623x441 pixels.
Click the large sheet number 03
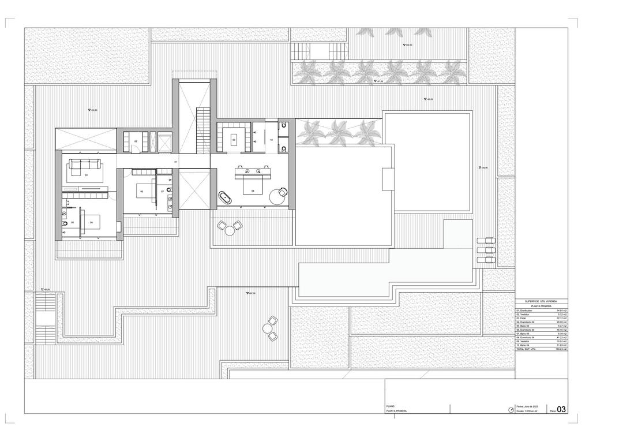(x=561, y=410)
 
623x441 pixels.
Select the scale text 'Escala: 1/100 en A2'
(x=528, y=411)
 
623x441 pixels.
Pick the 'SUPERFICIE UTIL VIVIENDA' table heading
(x=541, y=301)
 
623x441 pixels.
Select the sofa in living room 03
(x=84, y=165)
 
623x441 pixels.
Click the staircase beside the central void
(x=202, y=130)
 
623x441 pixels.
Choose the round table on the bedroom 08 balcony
(x=230, y=230)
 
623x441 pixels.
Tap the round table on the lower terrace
(x=268, y=329)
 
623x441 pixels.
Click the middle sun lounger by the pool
(x=486, y=251)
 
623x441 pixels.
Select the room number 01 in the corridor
(x=176, y=162)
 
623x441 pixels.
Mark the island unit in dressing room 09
(x=234, y=139)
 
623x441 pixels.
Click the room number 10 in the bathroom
(x=271, y=139)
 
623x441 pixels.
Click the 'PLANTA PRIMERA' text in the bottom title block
(x=396, y=411)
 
